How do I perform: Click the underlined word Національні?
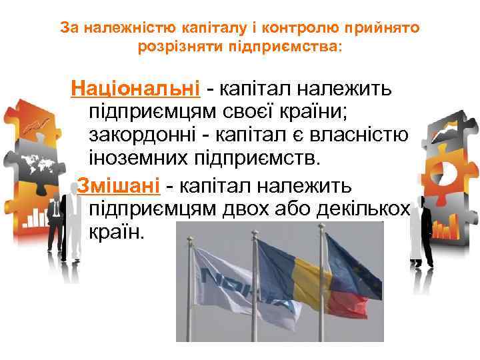click(x=136, y=88)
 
